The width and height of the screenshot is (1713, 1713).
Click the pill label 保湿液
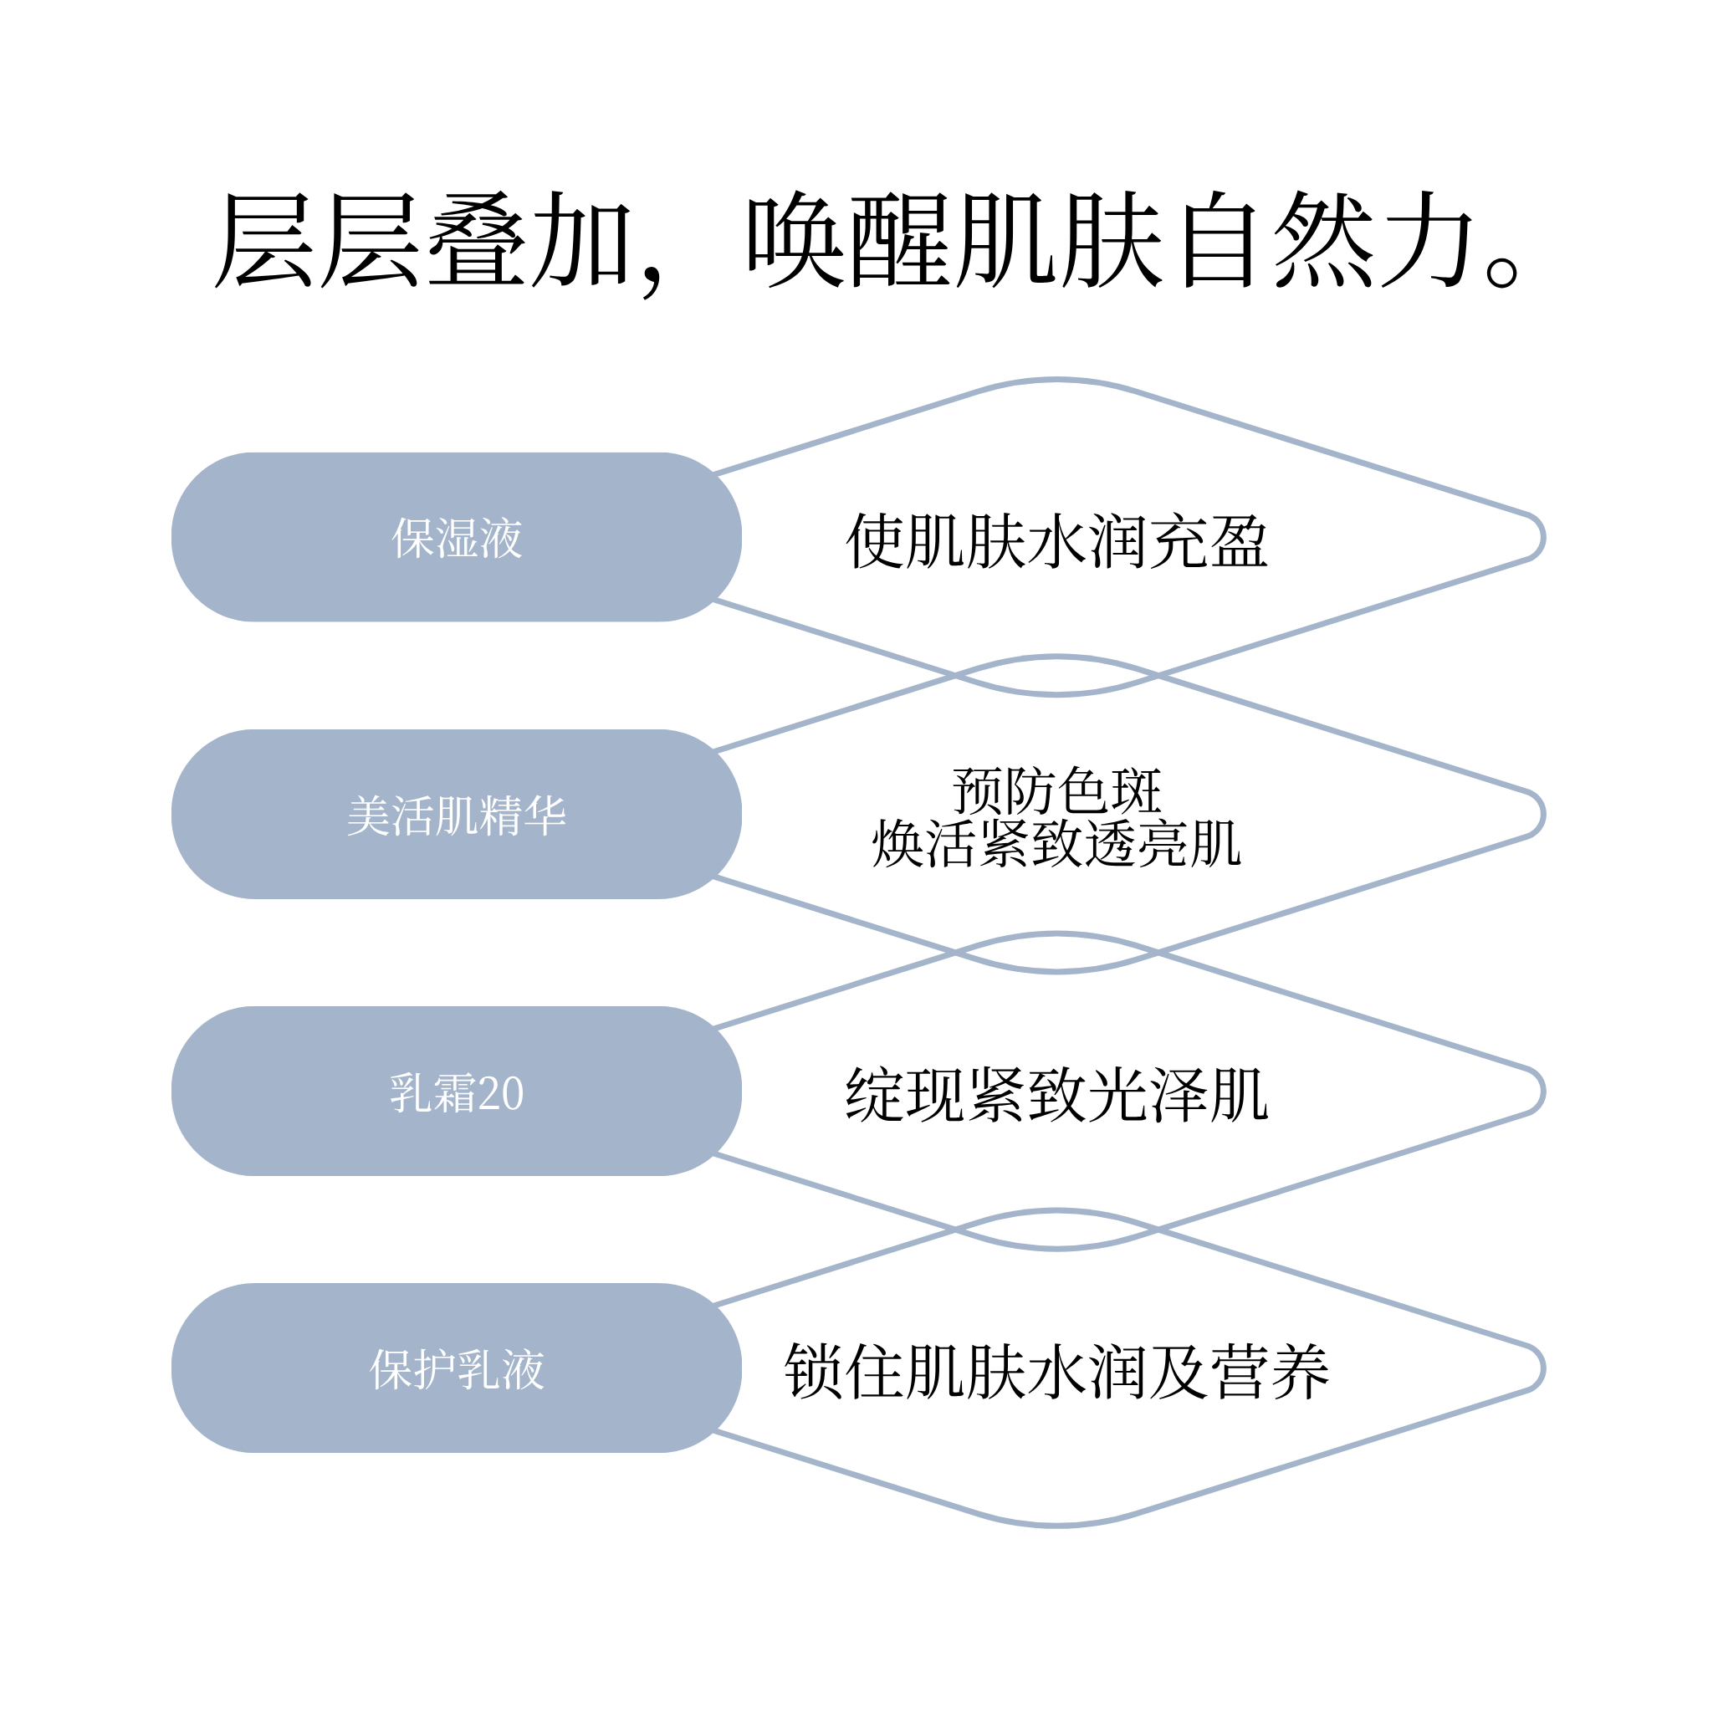click(x=457, y=538)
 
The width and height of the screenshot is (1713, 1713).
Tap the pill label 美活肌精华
click(x=457, y=816)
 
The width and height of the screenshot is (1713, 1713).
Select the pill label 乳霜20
click(x=457, y=1092)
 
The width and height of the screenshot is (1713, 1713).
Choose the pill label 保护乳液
click(x=457, y=1370)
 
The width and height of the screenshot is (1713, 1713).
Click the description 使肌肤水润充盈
click(x=1057, y=541)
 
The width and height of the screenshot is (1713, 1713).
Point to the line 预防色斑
click(x=1057, y=790)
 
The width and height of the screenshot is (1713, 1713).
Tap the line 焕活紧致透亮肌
click(x=1057, y=843)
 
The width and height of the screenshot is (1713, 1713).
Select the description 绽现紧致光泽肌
click(x=1057, y=1095)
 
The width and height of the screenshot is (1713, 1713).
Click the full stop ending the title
click(x=1502, y=272)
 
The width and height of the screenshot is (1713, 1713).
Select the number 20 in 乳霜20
click(x=501, y=1093)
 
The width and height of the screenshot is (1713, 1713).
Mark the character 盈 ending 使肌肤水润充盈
click(x=1240, y=541)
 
